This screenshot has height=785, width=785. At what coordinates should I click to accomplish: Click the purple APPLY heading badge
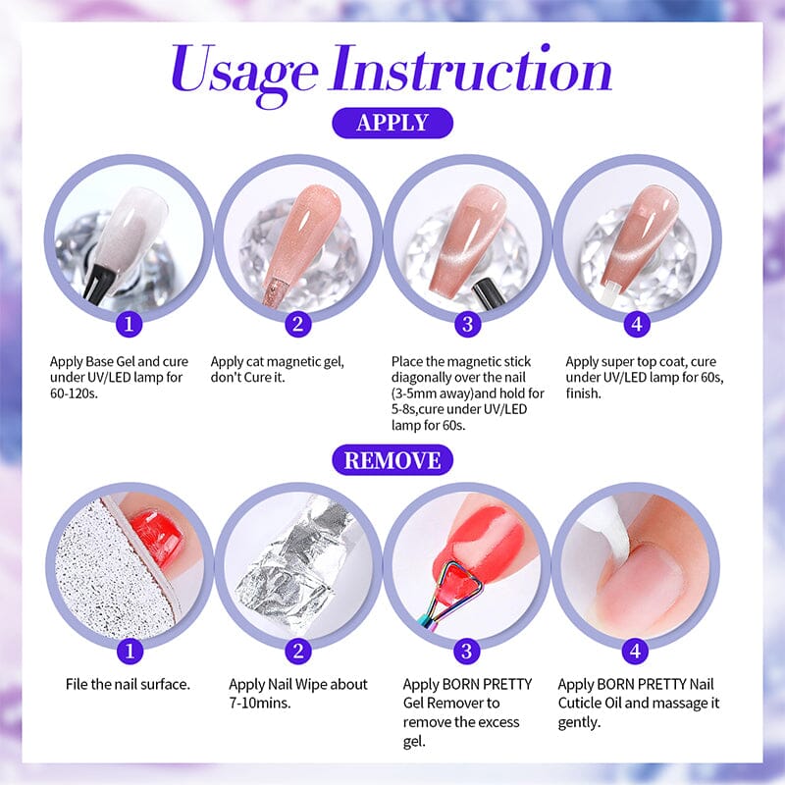coord(392,123)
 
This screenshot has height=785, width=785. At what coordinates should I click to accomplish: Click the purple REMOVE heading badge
coord(392,459)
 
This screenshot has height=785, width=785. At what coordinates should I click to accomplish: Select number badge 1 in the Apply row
coord(129,324)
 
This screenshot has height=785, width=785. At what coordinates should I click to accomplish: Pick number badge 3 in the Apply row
coord(467,324)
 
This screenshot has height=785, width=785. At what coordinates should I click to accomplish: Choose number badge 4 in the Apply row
coord(637,324)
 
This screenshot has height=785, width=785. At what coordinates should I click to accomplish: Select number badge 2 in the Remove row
coord(297,650)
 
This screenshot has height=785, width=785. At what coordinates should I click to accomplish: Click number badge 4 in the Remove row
coord(637,650)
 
